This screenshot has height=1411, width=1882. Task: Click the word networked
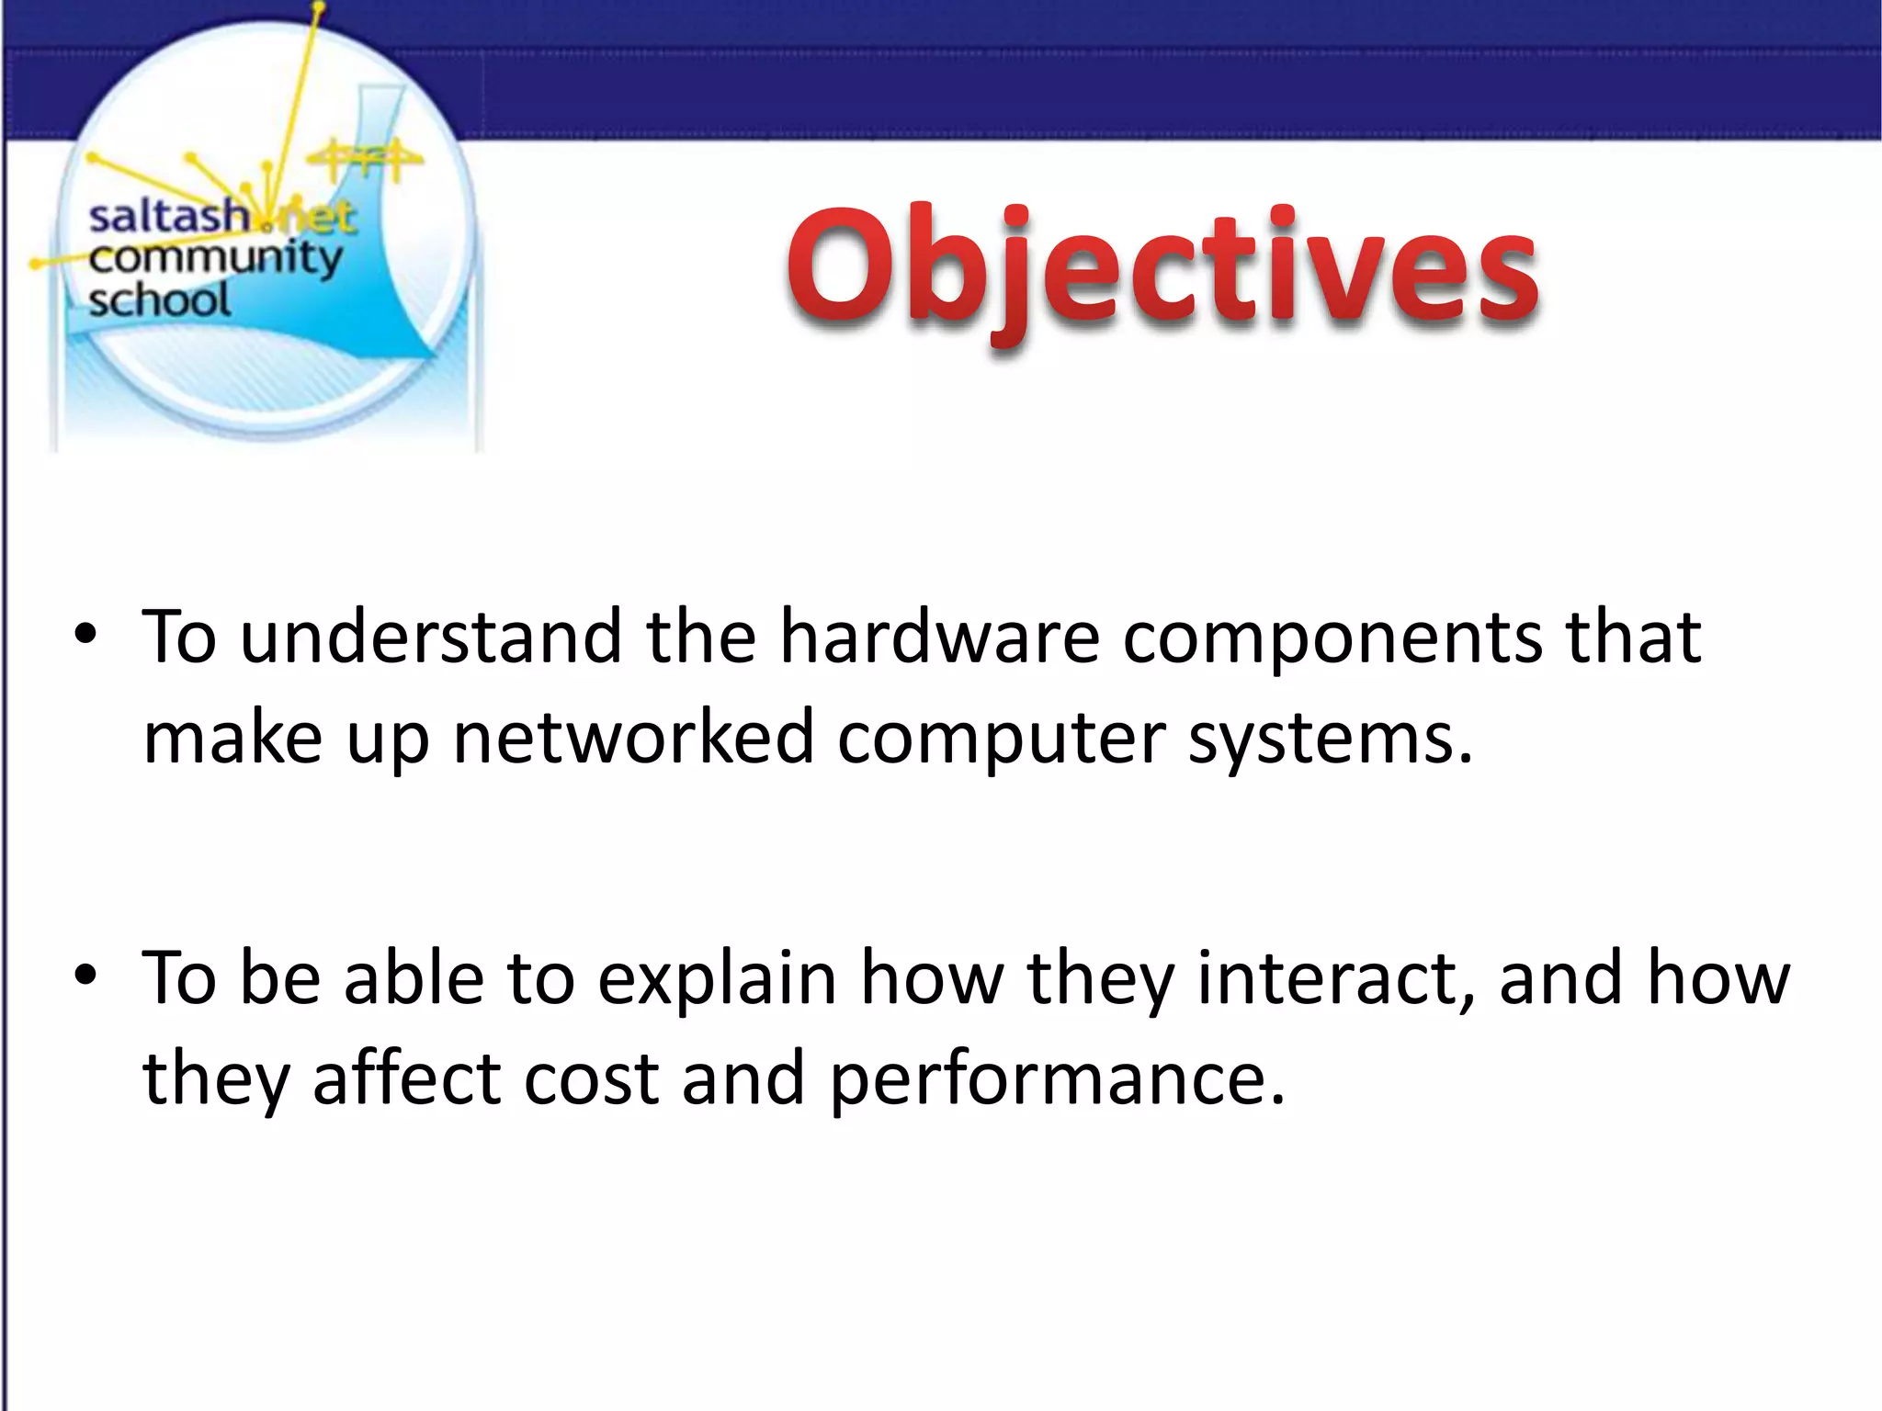click(x=633, y=738)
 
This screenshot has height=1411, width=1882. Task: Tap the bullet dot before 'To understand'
click(x=85, y=636)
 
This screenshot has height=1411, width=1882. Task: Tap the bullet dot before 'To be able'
click(x=85, y=976)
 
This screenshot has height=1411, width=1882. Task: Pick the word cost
click(x=591, y=1078)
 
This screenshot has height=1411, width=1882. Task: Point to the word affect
click(x=406, y=1078)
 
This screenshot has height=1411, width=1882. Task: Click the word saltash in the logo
click(x=168, y=218)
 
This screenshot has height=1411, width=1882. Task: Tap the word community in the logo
click(x=215, y=260)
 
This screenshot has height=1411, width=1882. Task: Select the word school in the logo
click(x=159, y=300)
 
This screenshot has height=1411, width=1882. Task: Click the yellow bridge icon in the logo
click(x=365, y=161)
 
